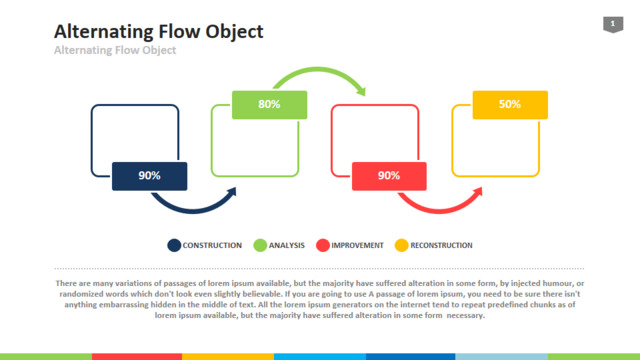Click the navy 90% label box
(149, 176)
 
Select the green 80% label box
(269, 105)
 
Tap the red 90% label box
(389, 176)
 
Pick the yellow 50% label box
(510, 105)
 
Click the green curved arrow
(318, 70)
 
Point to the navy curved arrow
(194, 210)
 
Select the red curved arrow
(440, 210)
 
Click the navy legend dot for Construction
(174, 245)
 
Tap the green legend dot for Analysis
(260, 245)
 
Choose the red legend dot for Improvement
(323, 245)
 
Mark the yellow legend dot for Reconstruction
(402, 245)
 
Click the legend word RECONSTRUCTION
(441, 245)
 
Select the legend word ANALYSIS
(287, 245)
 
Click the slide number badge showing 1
(613, 24)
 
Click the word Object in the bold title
(234, 31)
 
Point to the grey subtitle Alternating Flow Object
(115, 50)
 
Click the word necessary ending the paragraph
(466, 315)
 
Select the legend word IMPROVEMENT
(357, 245)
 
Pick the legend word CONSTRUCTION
(212, 245)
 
